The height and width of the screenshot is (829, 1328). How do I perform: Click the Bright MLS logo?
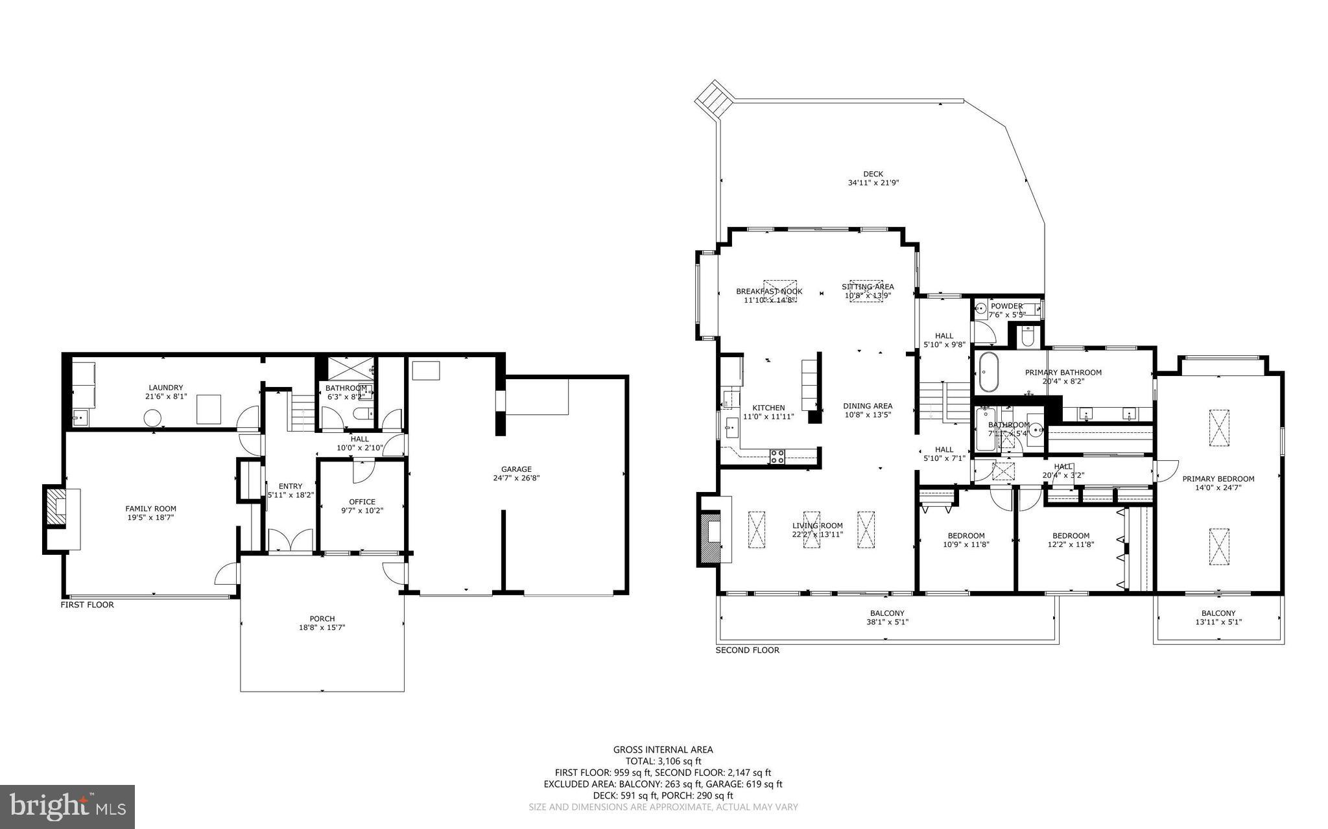67,806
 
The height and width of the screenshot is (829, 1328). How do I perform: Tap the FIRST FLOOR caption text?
87,605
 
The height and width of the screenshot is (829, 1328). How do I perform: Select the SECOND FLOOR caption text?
747,650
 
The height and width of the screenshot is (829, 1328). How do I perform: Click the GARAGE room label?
516,469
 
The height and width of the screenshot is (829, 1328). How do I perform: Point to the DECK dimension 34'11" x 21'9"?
873,183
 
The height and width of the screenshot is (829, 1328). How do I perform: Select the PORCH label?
322,618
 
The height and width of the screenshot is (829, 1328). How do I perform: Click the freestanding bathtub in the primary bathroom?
988,371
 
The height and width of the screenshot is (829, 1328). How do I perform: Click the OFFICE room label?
362,502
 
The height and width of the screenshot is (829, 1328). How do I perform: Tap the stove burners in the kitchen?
777,456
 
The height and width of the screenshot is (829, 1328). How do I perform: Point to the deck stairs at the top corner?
714,100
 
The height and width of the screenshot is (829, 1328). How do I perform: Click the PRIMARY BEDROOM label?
1218,479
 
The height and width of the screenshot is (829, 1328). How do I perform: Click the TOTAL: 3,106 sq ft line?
663,761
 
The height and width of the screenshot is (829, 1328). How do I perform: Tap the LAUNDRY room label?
166,388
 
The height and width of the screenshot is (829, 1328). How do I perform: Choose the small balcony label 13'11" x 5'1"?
1218,622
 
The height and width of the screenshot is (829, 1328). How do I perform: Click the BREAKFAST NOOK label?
768,292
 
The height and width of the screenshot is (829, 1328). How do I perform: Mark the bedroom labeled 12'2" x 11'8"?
1071,540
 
